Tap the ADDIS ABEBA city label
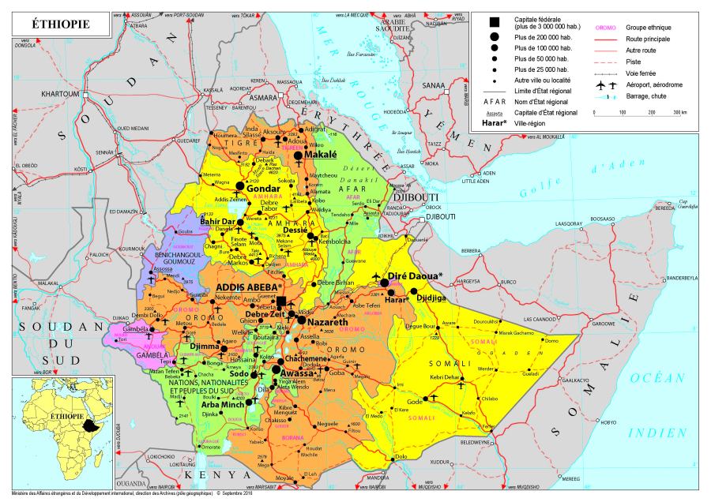point(247,286)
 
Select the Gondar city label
point(263,189)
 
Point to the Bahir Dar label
point(217,222)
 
